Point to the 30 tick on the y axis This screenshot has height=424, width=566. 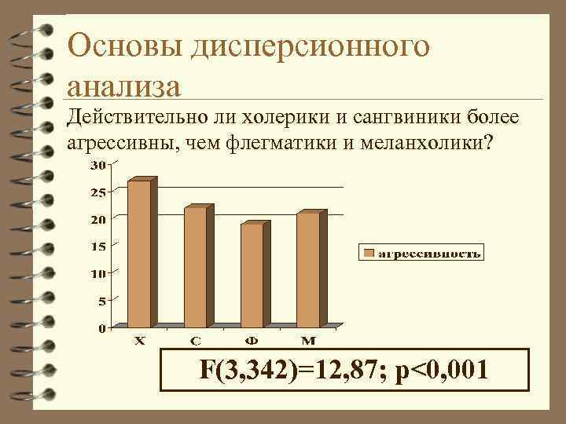[x=98, y=165]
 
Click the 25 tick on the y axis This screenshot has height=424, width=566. [x=98, y=192]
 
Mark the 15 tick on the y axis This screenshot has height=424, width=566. [x=98, y=247]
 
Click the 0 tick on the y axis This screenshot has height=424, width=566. [x=102, y=328]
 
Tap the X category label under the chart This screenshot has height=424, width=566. [x=138, y=341]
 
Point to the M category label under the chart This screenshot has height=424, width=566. [x=308, y=341]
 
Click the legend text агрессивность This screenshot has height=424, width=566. [x=430, y=253]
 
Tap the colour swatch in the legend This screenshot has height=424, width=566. [x=369, y=253]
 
